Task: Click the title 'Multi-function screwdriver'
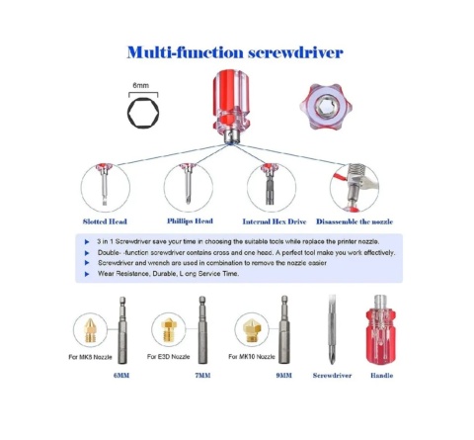coord(235,52)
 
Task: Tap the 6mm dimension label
coord(141,85)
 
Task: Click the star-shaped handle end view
coord(326,107)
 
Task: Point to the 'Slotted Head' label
coord(105,221)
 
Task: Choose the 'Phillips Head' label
coord(190,221)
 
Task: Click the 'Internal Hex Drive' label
coord(275,221)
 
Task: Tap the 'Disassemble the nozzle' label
coord(355,221)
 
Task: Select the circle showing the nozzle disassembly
coord(355,188)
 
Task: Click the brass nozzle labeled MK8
coord(90,330)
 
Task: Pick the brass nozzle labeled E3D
coord(169,330)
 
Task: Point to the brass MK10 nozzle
coord(252,330)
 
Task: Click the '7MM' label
coord(202,376)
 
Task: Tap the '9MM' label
coord(283,376)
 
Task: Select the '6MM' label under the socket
coord(121,376)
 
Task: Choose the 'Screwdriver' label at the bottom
coord(332,376)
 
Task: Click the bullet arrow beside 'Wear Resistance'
coord(87,274)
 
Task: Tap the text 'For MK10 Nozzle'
coord(252,357)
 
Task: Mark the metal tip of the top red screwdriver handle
coord(231,137)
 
